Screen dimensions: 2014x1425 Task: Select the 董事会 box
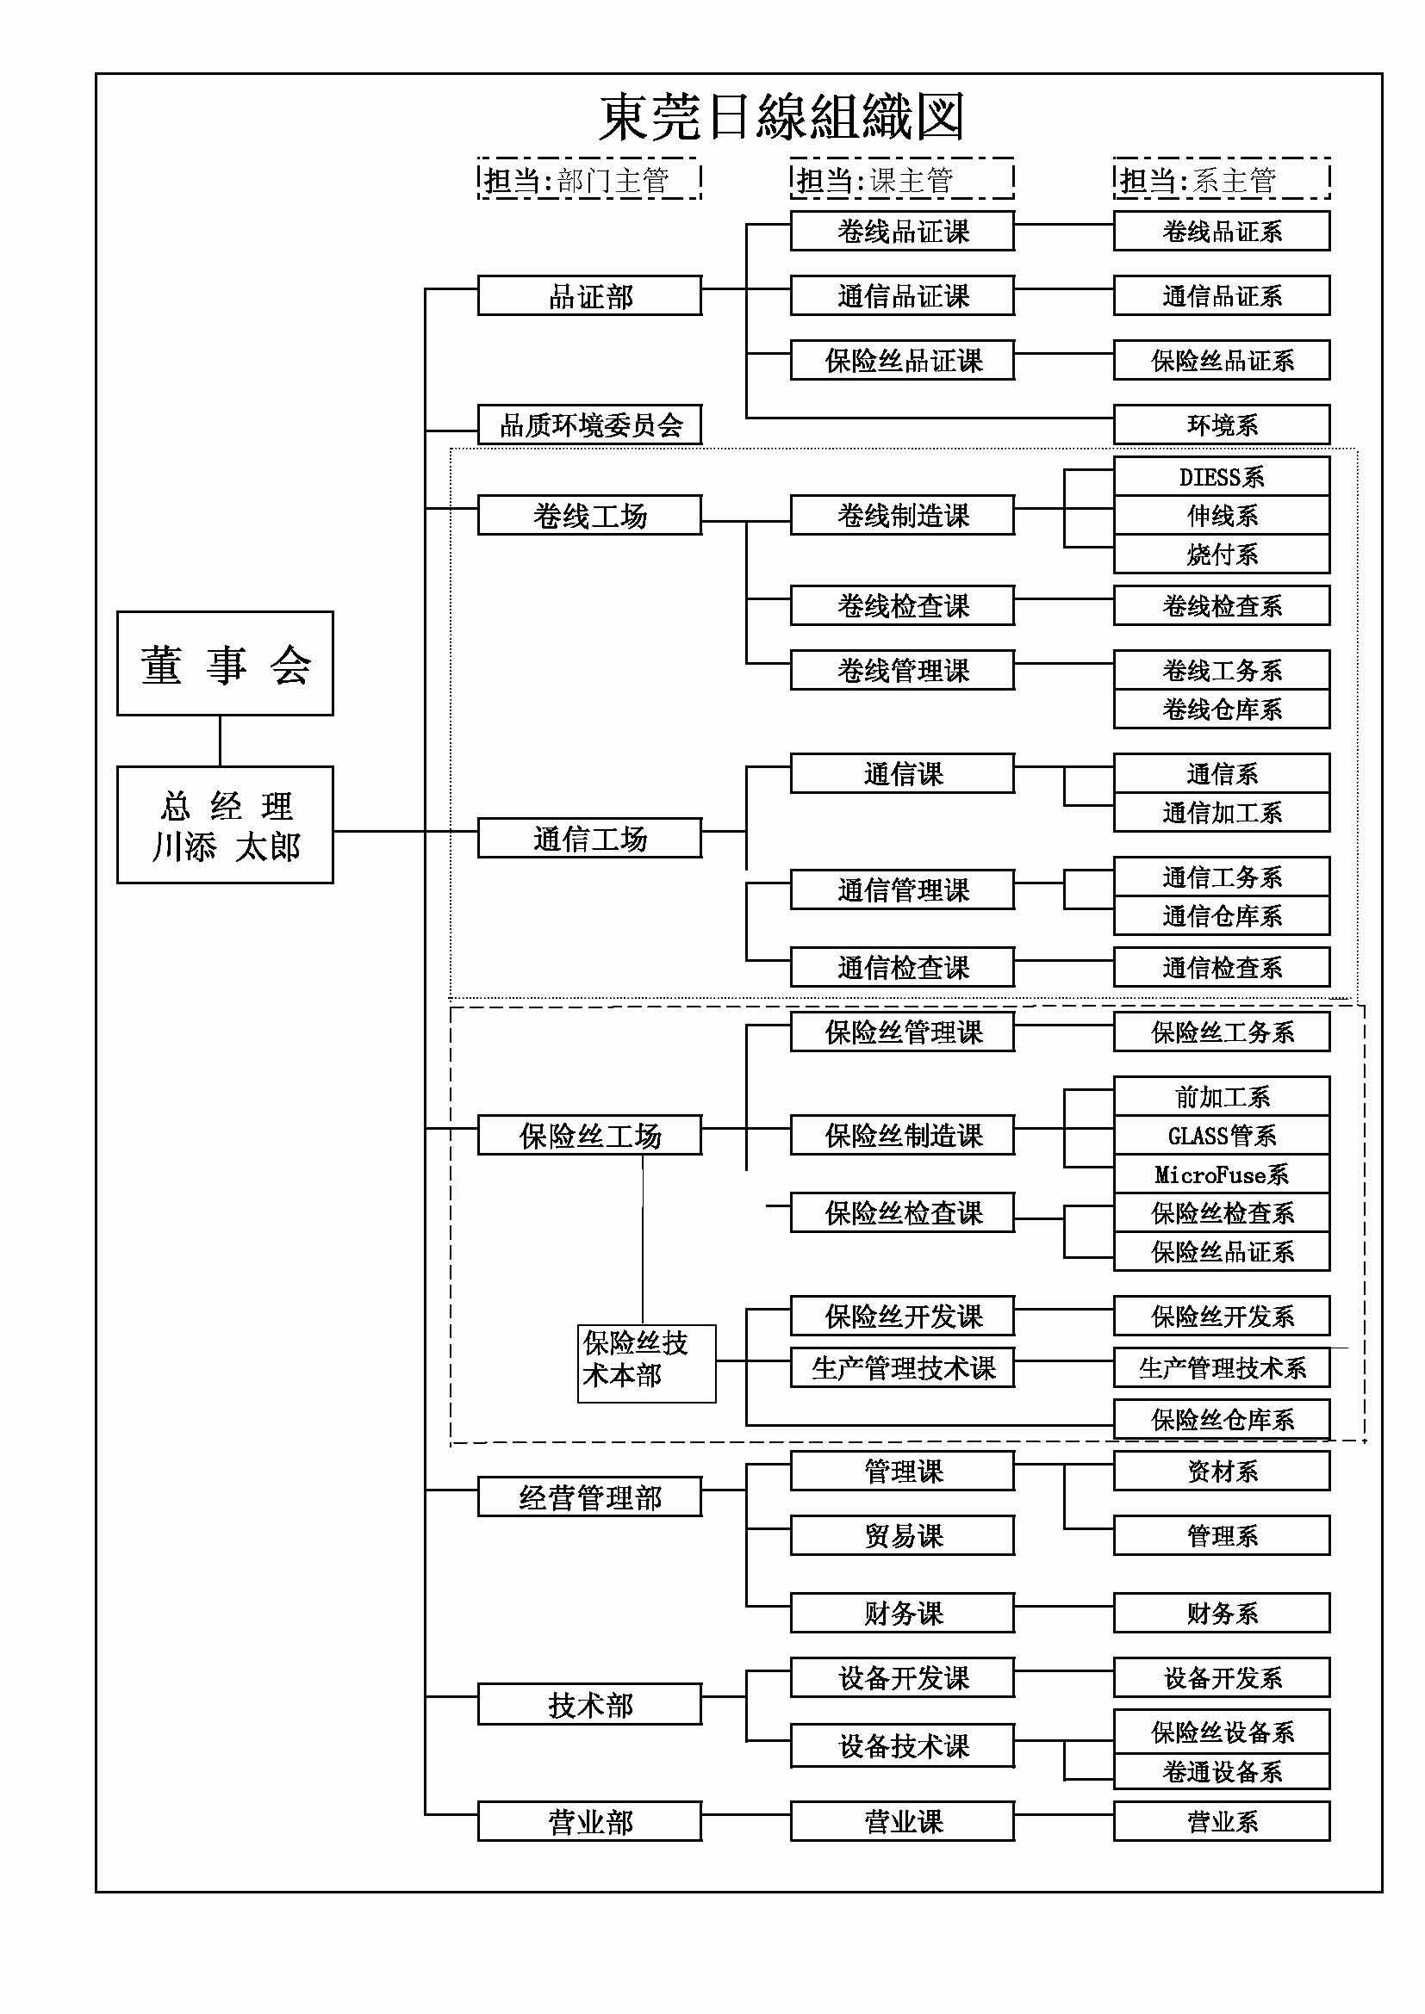click(225, 663)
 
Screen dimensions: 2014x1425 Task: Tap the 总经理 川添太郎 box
click(225, 825)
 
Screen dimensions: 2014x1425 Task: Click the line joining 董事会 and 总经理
click(220, 741)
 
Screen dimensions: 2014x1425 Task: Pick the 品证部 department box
click(589, 295)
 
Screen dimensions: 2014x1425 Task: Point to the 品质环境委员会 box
click(589, 424)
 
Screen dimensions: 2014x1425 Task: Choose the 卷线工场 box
click(589, 515)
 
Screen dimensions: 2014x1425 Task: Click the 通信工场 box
click(589, 838)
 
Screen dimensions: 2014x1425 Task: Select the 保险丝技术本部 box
click(646, 1363)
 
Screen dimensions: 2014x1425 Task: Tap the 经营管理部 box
click(589, 1497)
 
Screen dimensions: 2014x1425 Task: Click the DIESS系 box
click(1222, 476)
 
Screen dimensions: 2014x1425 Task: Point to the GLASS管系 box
click(1222, 1135)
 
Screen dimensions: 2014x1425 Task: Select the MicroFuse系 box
click(1222, 1174)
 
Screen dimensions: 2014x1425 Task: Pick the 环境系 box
click(1222, 424)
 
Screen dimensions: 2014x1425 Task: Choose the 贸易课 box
click(902, 1535)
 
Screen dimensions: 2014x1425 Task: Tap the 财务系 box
click(1222, 1612)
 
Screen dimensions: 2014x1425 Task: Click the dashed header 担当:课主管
click(902, 180)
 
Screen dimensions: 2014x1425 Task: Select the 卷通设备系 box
click(1222, 1771)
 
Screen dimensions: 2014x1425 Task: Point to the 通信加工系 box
click(1222, 812)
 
